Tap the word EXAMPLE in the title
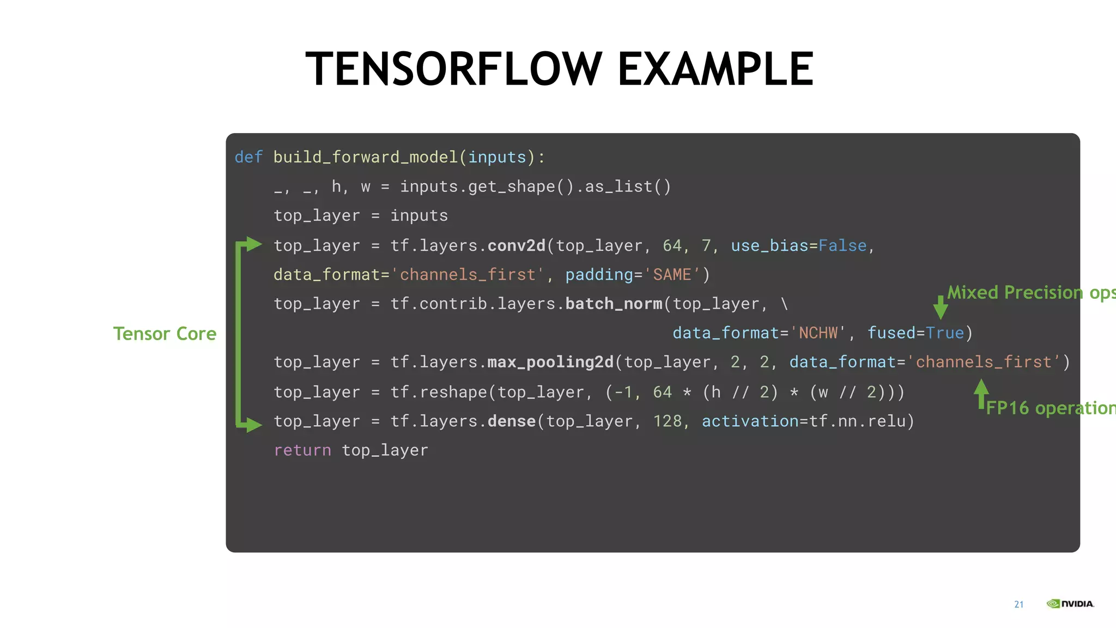pyautogui.click(x=715, y=69)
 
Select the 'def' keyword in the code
pyautogui.click(x=248, y=157)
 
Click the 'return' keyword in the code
pyautogui.click(x=302, y=450)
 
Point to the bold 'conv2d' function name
pyautogui.click(x=516, y=246)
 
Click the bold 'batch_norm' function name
pyautogui.click(x=614, y=304)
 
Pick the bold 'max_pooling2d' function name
pyautogui.click(x=550, y=363)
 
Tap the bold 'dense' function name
pyautogui.click(x=511, y=421)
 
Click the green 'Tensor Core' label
pyautogui.click(x=165, y=334)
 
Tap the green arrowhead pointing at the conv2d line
pyautogui.click(x=253, y=244)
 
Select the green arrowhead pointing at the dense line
pyautogui.click(x=253, y=424)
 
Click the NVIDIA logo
pyautogui.click(x=1070, y=603)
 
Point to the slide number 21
pyautogui.click(x=1019, y=604)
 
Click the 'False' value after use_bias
pyautogui.click(x=842, y=246)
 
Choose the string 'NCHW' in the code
pyautogui.click(x=818, y=333)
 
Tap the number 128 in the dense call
pyautogui.click(x=668, y=421)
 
